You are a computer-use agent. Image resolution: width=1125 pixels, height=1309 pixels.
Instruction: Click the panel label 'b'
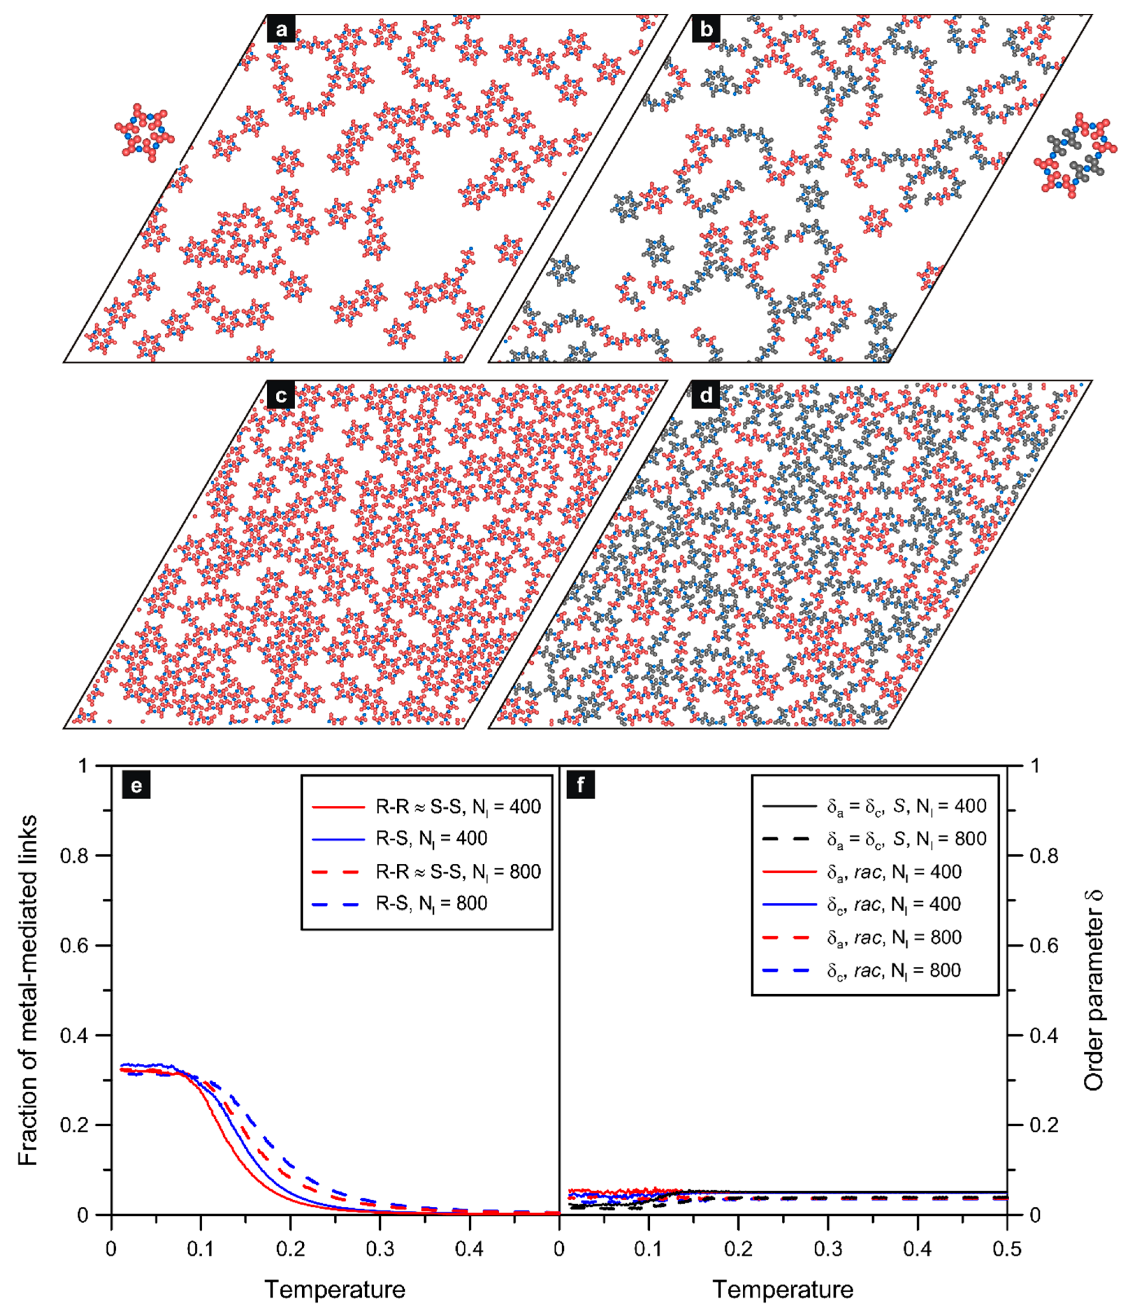click(706, 30)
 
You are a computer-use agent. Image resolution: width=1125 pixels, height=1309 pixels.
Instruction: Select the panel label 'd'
click(706, 396)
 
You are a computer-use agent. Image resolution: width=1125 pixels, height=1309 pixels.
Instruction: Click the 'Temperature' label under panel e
click(334, 1289)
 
